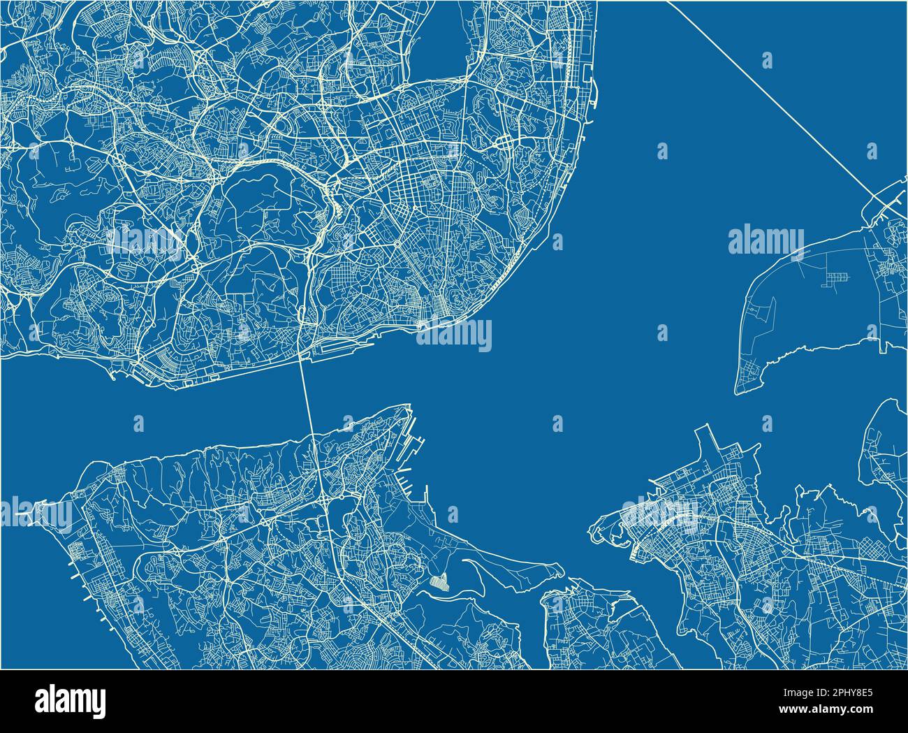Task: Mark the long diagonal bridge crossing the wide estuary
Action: click(768, 91)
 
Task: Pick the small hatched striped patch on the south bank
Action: click(439, 581)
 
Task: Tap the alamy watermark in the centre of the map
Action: click(454, 335)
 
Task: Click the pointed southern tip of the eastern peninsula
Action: click(738, 391)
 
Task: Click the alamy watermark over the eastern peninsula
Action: click(766, 241)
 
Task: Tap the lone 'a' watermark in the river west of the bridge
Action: click(138, 423)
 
